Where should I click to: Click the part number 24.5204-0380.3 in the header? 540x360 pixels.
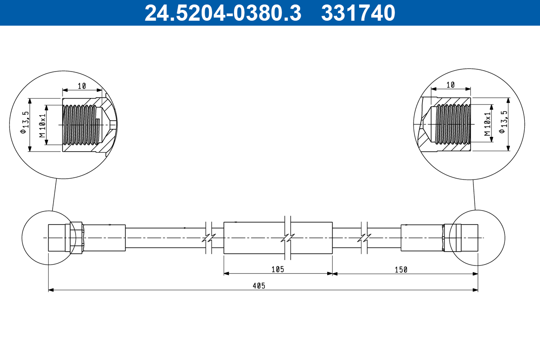tap(222, 13)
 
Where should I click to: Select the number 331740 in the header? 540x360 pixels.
tap(358, 13)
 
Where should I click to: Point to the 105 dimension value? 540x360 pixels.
tap(277, 269)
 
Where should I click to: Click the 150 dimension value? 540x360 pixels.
tap(400, 269)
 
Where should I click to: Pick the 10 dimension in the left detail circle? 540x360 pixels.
tap(81, 85)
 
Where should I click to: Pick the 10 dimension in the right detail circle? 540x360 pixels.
tap(451, 85)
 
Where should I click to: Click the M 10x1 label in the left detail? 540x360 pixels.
tap(42, 126)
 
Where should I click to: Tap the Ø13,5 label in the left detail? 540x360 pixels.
tap(25, 122)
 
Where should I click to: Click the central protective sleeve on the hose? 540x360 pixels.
tap(278, 237)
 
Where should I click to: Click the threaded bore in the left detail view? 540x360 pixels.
tap(80, 126)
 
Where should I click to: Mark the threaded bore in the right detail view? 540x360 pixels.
tap(452, 124)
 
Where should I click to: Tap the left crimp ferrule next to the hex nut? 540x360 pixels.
tap(103, 237)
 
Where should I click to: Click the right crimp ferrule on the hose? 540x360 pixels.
tap(422, 237)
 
